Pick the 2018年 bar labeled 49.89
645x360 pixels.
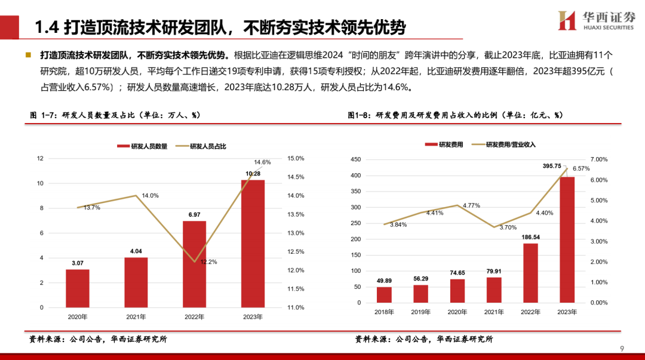pos(385,294)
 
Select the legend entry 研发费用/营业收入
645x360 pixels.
pos(510,144)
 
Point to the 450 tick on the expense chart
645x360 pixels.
pos(356,159)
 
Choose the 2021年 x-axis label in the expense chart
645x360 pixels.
pos(494,312)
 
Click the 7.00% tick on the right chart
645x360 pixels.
pos(598,159)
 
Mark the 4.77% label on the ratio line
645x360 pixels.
pos(472,205)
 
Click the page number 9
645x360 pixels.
pos(622,349)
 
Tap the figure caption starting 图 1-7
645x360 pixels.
pos(115,115)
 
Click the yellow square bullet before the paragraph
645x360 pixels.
pos(28,55)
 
